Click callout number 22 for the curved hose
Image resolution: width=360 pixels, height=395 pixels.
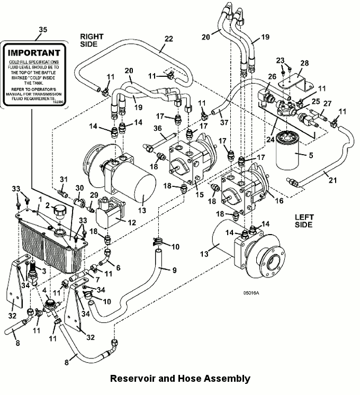pyautogui.click(x=168, y=39)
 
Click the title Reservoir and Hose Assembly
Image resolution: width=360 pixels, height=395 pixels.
pyautogui.click(x=179, y=379)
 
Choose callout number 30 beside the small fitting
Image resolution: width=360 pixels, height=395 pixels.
pyautogui.click(x=80, y=187)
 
